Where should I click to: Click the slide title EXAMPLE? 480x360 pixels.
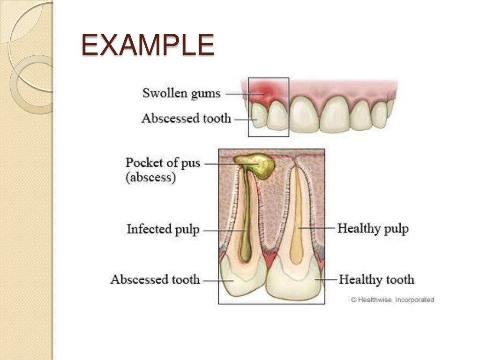click(148, 46)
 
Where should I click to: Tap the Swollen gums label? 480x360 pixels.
click(181, 93)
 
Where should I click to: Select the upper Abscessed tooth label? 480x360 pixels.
click(186, 118)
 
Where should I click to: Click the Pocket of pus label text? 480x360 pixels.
click(162, 163)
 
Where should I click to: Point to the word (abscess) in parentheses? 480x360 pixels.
click(150, 178)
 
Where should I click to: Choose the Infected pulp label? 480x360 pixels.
click(163, 230)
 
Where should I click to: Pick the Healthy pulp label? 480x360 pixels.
click(373, 229)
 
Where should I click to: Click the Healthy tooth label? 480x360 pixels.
click(376, 280)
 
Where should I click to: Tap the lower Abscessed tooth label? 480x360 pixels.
click(155, 280)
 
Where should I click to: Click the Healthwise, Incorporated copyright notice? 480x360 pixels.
click(392, 300)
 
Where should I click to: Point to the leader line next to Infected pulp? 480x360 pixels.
click(224, 230)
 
